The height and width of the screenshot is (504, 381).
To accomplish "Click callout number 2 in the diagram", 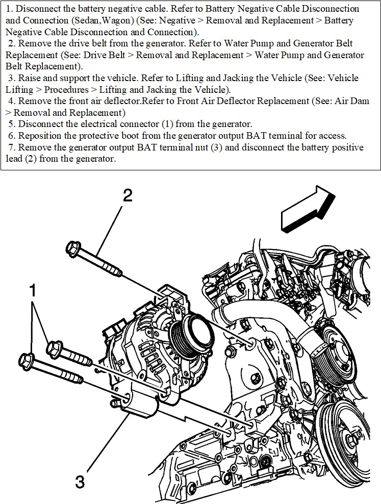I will click(x=127, y=196).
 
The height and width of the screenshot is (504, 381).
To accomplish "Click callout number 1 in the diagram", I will click(x=33, y=291).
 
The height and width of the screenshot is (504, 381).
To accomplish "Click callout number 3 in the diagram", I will click(x=80, y=482).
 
